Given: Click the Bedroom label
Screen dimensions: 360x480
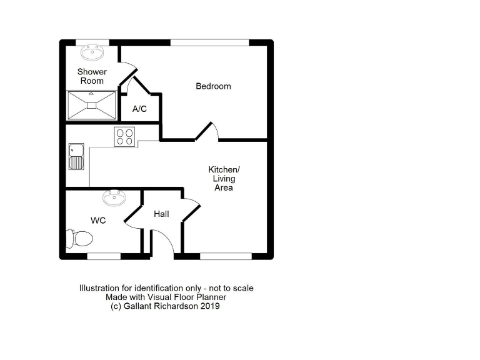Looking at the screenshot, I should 213,86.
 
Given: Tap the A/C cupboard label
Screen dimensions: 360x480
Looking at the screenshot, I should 139,109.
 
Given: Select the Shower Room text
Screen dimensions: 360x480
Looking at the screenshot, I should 92,76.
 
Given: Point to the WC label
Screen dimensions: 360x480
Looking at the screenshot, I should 97,221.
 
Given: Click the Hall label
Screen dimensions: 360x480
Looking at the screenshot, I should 161,214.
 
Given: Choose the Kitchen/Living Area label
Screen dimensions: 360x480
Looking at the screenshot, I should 224,178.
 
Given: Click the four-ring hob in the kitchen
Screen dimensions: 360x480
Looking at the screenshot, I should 124,136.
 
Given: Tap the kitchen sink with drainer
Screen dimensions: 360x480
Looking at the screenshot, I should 76,156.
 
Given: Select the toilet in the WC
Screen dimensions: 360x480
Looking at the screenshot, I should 80,238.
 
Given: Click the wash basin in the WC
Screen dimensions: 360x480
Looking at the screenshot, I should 114,199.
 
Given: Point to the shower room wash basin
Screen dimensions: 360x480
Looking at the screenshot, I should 92,50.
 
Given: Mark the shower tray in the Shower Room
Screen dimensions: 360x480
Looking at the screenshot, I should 92,105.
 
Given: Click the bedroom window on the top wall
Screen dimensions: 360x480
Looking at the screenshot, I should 209,42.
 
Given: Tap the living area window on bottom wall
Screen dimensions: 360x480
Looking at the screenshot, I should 226,256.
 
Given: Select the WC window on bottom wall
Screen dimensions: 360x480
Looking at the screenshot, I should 103,256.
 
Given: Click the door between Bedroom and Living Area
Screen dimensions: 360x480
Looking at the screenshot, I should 206,131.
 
